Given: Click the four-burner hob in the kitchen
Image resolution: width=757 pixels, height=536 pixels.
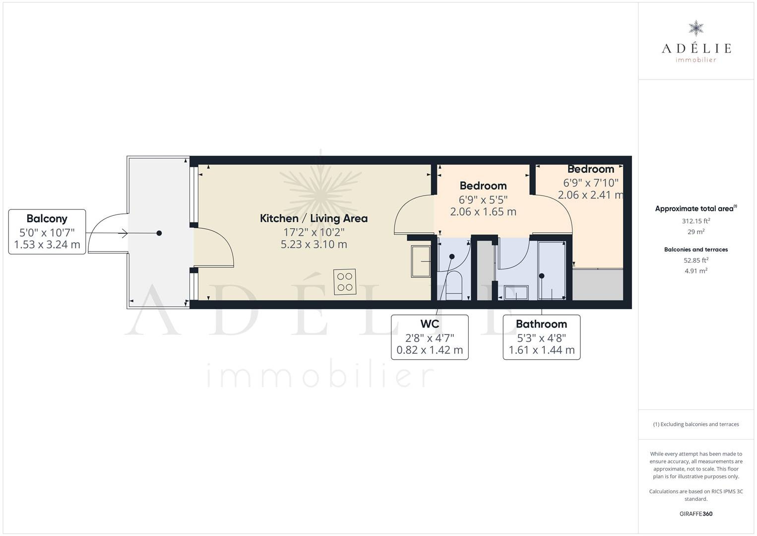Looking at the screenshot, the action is click(345, 282).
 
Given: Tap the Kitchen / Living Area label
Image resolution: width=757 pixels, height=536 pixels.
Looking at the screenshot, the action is click(314, 218).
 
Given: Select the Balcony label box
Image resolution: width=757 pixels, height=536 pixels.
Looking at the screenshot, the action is click(47, 232).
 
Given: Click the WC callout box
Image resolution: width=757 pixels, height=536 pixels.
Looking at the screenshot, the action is click(430, 337).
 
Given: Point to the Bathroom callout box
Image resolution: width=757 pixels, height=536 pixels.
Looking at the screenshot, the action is click(541, 337).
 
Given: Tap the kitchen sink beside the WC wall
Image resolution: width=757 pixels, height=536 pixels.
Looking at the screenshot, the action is click(421, 262).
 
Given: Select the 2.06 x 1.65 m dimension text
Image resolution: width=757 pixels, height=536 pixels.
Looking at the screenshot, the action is click(483, 212).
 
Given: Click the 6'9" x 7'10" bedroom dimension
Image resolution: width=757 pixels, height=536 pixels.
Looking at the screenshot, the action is click(591, 183).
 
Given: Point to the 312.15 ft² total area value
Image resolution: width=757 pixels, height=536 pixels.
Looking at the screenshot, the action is click(696, 221).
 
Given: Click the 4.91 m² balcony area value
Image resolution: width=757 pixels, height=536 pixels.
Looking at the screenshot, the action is click(696, 271).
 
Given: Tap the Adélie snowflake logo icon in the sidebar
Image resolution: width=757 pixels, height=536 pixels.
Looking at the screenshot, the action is click(696, 28).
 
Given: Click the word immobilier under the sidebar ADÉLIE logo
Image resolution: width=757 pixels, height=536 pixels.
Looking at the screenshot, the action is click(696, 60).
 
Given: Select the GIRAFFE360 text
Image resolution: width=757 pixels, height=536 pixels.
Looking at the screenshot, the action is click(696, 514).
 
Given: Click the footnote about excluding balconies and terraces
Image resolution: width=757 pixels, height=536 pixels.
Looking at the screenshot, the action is click(696, 424).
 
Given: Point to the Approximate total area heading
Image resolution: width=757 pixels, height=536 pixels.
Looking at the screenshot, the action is click(696, 208).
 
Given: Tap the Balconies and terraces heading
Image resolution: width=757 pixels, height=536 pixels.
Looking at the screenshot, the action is click(696, 250).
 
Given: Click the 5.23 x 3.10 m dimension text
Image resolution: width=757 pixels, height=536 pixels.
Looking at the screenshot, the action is click(314, 245).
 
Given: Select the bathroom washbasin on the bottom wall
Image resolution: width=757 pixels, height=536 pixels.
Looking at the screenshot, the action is click(516, 293).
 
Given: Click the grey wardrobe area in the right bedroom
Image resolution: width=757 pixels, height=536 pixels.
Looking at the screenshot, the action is click(597, 284).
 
